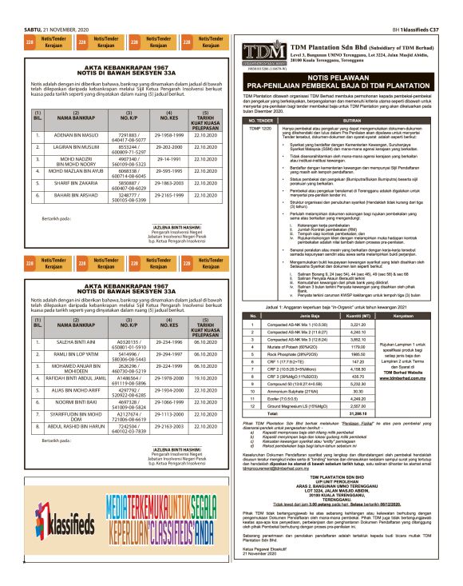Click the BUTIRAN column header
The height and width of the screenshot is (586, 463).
358,119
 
